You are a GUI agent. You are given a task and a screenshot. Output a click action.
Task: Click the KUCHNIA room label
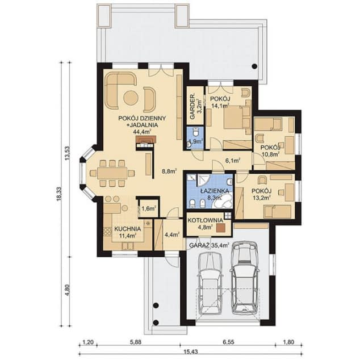pyautogui.click(x=127, y=229)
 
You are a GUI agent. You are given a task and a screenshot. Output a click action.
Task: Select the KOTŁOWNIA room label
pyautogui.click(x=205, y=220)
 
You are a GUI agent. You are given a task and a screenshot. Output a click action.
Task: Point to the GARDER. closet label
pyautogui.click(x=192, y=107)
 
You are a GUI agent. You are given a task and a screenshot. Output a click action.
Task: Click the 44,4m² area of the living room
pyautogui.click(x=141, y=132)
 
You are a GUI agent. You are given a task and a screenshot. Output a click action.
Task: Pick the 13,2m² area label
pyautogui.click(x=262, y=198)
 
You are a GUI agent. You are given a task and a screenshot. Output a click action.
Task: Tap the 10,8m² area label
pyautogui.click(x=270, y=154)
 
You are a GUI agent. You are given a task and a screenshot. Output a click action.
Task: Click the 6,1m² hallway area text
pyautogui.click(x=233, y=161)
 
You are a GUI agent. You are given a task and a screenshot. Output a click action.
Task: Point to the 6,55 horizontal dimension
pyautogui.click(x=228, y=342)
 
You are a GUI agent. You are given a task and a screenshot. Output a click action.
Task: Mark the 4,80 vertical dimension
pyautogui.click(x=67, y=290)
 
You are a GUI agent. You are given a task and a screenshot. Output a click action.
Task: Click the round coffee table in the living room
pyautogui.click(x=131, y=98)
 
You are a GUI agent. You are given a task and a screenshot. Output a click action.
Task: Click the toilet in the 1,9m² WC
pyautogui.click(x=195, y=133)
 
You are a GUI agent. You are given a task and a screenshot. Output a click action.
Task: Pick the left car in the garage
pyautogui.click(x=210, y=283)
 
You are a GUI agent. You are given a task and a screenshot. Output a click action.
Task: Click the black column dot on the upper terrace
pyautogui.click(x=254, y=66)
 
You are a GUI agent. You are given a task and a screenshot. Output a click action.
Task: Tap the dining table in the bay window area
pyautogui.click(x=112, y=173)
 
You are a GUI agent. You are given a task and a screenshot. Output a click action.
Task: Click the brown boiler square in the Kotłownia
pyautogui.click(x=220, y=228)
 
